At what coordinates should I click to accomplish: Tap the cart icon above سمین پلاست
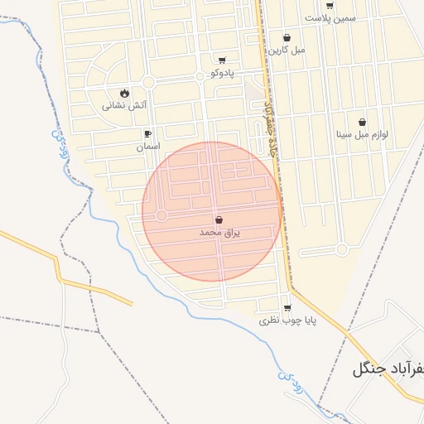point(330,5)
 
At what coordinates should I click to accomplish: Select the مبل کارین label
point(287,50)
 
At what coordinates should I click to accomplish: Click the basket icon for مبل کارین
point(287,37)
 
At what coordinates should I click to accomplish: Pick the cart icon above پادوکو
point(222,60)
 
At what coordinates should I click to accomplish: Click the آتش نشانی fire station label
point(124,105)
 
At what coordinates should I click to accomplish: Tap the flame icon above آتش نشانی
point(124,93)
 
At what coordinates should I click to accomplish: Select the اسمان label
point(148,146)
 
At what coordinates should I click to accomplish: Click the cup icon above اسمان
point(148,133)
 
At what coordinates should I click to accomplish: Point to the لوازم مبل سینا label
point(362,134)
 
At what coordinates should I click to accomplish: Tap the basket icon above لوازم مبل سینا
point(362,122)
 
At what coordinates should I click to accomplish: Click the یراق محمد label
point(219,233)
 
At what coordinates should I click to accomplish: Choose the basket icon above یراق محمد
point(219,220)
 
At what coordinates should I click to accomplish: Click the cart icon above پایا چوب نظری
point(287,307)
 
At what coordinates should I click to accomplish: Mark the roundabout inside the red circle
point(161,215)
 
